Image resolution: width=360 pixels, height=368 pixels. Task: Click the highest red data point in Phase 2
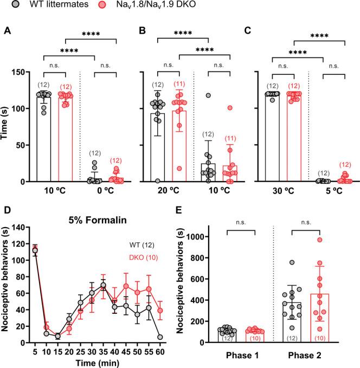320,240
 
